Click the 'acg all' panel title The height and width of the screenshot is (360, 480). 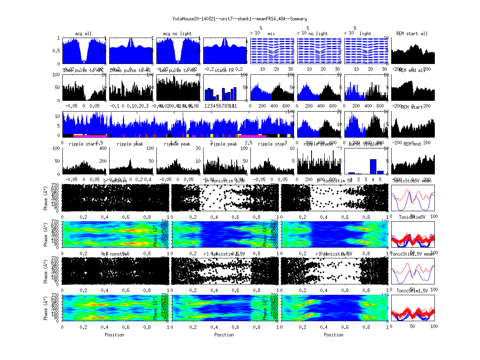click(x=83, y=34)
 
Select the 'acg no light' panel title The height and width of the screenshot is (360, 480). click(x=177, y=34)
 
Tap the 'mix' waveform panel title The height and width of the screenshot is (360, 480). click(x=272, y=34)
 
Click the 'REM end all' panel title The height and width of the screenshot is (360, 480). click(x=412, y=70)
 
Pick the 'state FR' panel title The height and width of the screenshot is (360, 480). click(x=225, y=70)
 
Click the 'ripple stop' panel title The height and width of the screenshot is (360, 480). click(x=272, y=144)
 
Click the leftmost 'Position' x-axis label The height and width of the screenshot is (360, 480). click(x=114, y=335)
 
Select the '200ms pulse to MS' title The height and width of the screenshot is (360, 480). click(x=130, y=70)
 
